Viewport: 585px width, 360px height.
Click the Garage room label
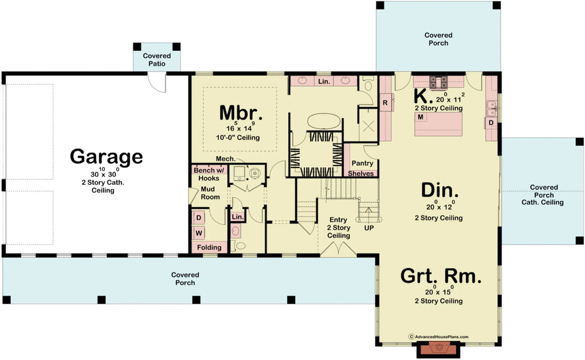click(x=106, y=156)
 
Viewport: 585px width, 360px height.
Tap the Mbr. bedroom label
click(x=241, y=113)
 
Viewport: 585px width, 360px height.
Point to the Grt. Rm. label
click(x=440, y=277)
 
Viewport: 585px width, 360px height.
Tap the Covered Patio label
click(x=157, y=59)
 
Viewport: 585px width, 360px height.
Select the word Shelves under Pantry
click(x=361, y=174)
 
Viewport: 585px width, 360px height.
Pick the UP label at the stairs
click(x=368, y=227)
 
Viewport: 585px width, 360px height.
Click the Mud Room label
click(x=210, y=193)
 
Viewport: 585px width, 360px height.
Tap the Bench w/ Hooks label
click(x=209, y=174)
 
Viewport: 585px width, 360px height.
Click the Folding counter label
click(x=209, y=247)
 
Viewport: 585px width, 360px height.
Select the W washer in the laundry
click(x=199, y=233)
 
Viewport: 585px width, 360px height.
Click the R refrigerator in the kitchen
click(x=385, y=103)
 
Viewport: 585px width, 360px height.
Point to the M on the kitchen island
click(x=420, y=117)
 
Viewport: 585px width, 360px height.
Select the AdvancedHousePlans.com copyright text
click(x=439, y=337)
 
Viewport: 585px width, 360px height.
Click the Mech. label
click(x=223, y=159)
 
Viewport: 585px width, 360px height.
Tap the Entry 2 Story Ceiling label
click(x=338, y=227)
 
